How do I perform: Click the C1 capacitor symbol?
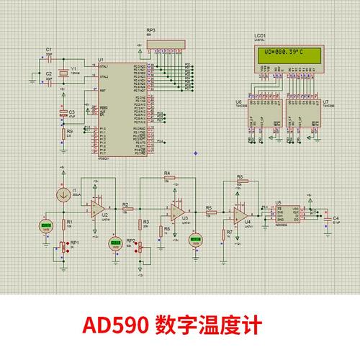49,58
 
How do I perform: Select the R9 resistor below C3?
62,132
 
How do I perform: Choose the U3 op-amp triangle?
175,210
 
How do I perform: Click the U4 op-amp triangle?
241,213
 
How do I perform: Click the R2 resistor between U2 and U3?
125,210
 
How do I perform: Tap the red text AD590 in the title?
118,325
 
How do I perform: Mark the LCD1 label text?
260,35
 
